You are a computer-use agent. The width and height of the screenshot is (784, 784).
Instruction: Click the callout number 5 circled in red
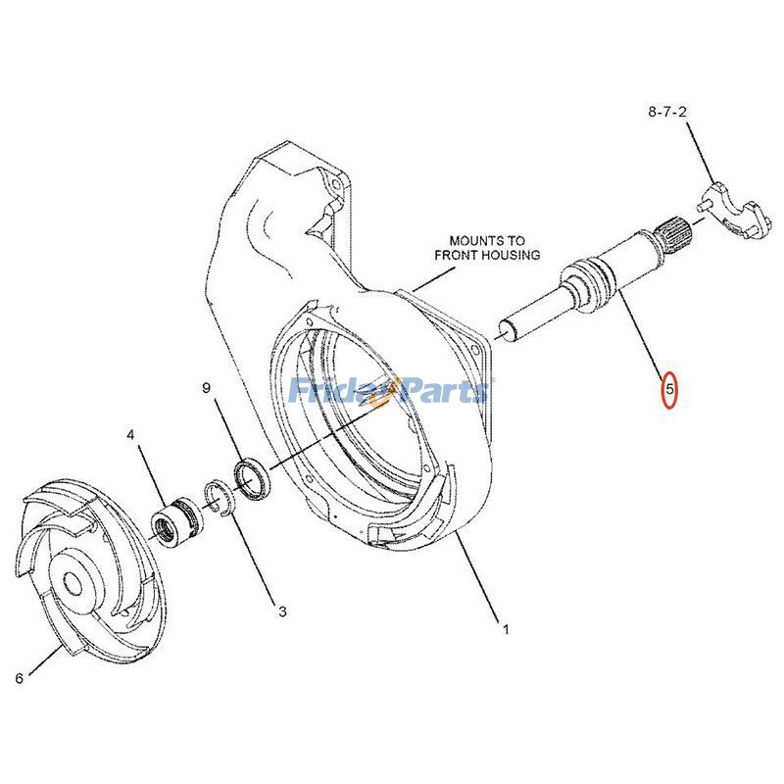[669, 388]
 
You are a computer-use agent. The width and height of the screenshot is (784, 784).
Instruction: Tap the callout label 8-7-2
[667, 112]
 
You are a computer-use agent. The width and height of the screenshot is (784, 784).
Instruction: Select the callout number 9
[207, 387]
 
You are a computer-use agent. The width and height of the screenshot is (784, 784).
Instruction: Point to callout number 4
[130, 435]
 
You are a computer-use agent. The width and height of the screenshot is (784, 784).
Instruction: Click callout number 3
[282, 611]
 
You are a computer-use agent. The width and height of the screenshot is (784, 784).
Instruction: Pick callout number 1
[506, 629]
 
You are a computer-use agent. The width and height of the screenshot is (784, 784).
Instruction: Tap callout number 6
[19, 678]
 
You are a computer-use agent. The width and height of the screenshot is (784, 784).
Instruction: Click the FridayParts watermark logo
[391, 390]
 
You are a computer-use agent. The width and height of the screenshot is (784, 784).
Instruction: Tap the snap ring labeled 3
[219, 496]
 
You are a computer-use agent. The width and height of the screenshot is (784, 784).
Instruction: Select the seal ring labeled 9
[252, 477]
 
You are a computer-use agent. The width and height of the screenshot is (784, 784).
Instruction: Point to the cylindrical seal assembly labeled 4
[177, 521]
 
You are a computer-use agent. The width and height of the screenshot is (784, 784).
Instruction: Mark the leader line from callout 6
[46, 660]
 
